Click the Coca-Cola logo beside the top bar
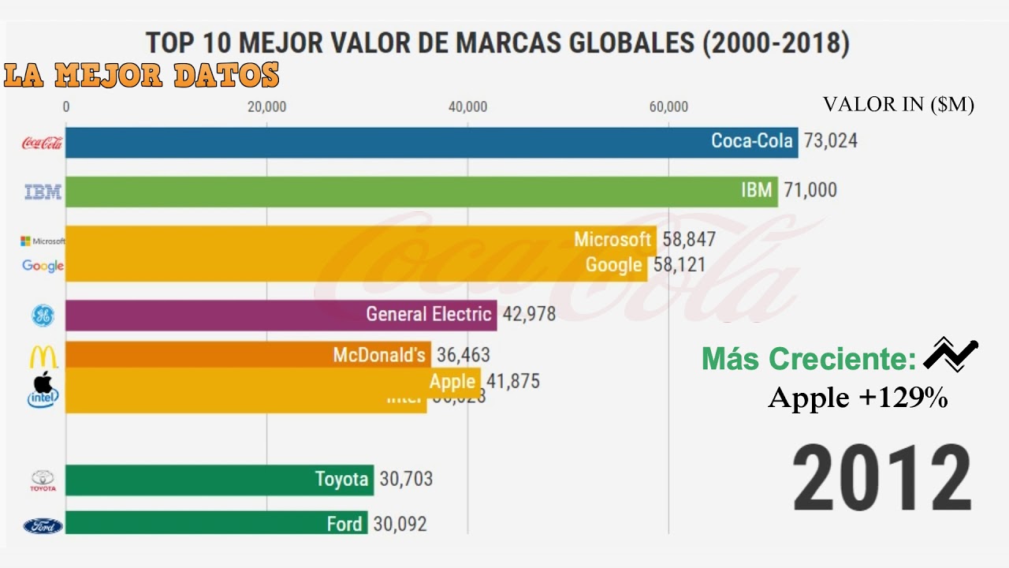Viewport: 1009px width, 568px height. click(42, 143)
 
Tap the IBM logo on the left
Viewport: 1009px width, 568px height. click(43, 192)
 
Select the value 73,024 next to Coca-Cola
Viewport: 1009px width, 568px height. click(830, 141)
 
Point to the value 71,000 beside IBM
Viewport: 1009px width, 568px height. click(810, 190)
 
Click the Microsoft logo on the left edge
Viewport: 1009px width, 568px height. click(43, 241)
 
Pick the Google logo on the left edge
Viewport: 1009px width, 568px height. click(43, 266)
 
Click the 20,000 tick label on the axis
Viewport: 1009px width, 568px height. click(266, 107)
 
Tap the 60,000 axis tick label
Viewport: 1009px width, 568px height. click(668, 107)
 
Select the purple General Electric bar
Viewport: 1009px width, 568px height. click(281, 315)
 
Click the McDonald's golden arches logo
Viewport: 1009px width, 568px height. click(43, 357)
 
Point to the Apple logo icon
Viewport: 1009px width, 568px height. click(43, 383)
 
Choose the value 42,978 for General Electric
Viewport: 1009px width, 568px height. click(529, 314)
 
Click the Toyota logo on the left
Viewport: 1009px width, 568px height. click(43, 480)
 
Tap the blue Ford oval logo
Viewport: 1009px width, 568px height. click(43, 525)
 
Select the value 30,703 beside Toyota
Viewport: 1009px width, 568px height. click(406, 479)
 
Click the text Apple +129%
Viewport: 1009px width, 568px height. click(858, 398)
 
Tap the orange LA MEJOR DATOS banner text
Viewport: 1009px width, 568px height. click(142, 76)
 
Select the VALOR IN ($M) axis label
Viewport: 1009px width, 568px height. click(898, 105)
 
